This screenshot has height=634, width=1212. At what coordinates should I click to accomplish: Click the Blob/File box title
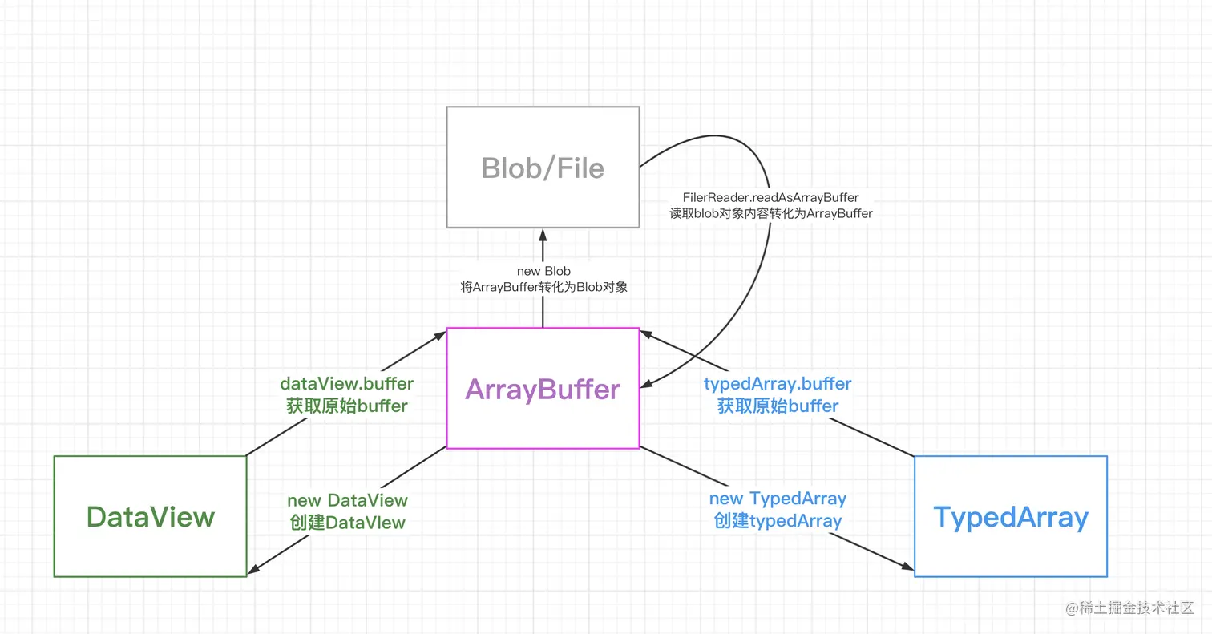pyautogui.click(x=543, y=168)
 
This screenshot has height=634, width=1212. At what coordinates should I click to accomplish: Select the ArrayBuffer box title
pyautogui.click(x=543, y=390)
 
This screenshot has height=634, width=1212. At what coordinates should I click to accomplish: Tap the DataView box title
pyautogui.click(x=151, y=517)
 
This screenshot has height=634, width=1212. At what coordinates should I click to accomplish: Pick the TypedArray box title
pyautogui.click(x=1011, y=517)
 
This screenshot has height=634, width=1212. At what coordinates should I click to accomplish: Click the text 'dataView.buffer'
pyautogui.click(x=347, y=384)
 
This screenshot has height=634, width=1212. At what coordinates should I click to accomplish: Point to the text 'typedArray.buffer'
pyautogui.click(x=778, y=384)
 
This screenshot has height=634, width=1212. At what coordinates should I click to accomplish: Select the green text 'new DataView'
pyautogui.click(x=347, y=501)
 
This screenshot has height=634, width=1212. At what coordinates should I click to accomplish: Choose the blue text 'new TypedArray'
pyautogui.click(x=778, y=499)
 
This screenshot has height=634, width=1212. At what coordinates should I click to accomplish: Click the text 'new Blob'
pyautogui.click(x=543, y=272)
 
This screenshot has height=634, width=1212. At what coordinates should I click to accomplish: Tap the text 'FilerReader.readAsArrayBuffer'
pyautogui.click(x=771, y=197)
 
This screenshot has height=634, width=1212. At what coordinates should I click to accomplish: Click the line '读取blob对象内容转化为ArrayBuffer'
pyautogui.click(x=771, y=213)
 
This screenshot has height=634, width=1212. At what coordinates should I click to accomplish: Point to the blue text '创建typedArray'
pyautogui.click(x=778, y=521)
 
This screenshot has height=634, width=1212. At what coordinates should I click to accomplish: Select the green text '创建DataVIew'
pyautogui.click(x=347, y=523)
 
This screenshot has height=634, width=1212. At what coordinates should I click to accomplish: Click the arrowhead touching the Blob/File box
pyautogui.click(x=543, y=234)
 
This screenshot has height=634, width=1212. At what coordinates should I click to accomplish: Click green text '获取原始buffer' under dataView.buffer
pyautogui.click(x=347, y=406)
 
